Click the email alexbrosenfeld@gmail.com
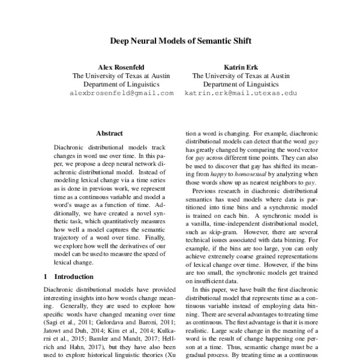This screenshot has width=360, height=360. [122, 94]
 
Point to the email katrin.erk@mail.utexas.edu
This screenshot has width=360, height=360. [241, 94]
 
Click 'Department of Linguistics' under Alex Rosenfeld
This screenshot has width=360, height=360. [122, 85]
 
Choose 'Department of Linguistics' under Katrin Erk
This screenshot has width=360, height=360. [241, 85]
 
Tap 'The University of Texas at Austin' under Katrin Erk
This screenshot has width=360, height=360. [241, 76]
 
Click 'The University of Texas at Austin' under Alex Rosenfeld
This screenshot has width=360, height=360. [122, 76]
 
